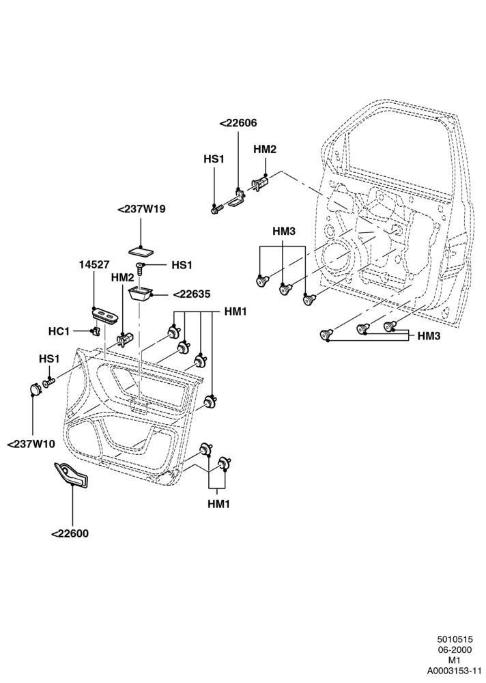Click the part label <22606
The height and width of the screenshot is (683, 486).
point(238,123)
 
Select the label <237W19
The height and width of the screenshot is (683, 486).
point(141,209)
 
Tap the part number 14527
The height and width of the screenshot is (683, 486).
point(94,265)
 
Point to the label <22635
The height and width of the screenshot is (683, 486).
point(192,294)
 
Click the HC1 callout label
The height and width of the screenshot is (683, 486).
point(59,331)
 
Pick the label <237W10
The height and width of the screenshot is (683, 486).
point(31,445)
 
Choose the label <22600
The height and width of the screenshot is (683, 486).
point(70,533)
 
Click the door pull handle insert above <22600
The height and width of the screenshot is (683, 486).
point(72,474)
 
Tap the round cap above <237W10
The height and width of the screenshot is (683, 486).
point(35,388)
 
